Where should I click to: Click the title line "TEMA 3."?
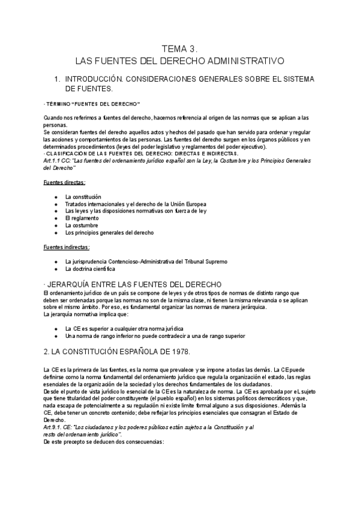tap(179, 49)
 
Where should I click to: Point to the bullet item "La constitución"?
tap(83, 197)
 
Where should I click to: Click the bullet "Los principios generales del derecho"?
tap(109, 232)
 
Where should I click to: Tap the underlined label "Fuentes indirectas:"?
tap(67, 247)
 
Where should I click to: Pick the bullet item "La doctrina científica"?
tap(90, 269)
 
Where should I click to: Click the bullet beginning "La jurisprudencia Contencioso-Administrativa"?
tap(146, 262)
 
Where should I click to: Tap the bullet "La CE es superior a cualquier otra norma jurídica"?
tap(124, 329)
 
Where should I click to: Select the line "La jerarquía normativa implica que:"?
tap(82, 314)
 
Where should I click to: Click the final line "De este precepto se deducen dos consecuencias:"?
tap(104, 441)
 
